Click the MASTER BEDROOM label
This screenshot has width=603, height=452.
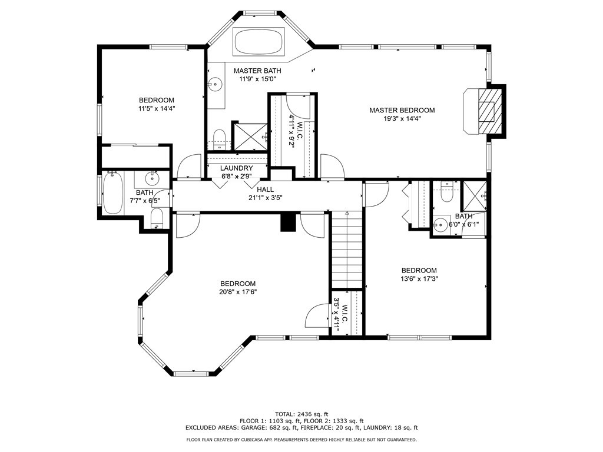tap(402, 110)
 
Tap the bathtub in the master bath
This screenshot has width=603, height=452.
tap(260, 41)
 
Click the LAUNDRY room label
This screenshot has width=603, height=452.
tap(236, 168)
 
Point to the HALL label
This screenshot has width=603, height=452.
tap(265, 190)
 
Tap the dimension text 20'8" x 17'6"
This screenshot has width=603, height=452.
tap(238, 291)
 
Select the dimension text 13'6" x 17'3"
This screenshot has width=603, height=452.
tap(419, 279)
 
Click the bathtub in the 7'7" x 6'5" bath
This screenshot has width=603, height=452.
tap(112, 192)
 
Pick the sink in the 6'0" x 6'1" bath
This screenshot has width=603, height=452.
tap(440, 224)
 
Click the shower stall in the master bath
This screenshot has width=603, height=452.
tap(250, 136)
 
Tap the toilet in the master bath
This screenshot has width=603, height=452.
tap(218, 139)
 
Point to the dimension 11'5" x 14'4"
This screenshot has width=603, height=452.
tap(157, 108)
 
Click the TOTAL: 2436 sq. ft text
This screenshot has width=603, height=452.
tap(301, 414)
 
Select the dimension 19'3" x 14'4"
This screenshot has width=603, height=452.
tap(402, 118)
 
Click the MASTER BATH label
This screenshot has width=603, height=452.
tap(257, 71)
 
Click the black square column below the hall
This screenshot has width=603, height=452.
tap(287, 222)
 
